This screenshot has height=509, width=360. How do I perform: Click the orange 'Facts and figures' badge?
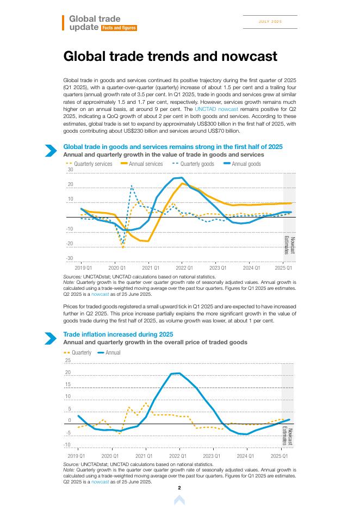pos(119,28)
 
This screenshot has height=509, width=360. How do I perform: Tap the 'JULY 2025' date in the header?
pos(270,22)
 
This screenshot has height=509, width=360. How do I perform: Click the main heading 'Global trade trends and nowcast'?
pos(170,57)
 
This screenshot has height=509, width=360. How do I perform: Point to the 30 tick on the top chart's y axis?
pos(70,170)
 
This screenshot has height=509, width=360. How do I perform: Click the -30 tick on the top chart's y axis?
pos(70,258)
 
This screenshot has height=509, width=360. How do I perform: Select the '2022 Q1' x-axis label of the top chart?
pos(184,268)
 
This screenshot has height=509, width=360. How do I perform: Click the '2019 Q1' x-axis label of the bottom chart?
pos(76,455)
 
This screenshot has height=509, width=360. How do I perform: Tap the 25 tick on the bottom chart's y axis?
pos(68,361)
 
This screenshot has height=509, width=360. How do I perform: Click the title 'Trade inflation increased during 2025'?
pos(118,334)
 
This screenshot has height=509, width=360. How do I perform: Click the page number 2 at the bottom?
pos(179,488)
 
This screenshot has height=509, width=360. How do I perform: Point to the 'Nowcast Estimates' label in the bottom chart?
pos(288,437)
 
